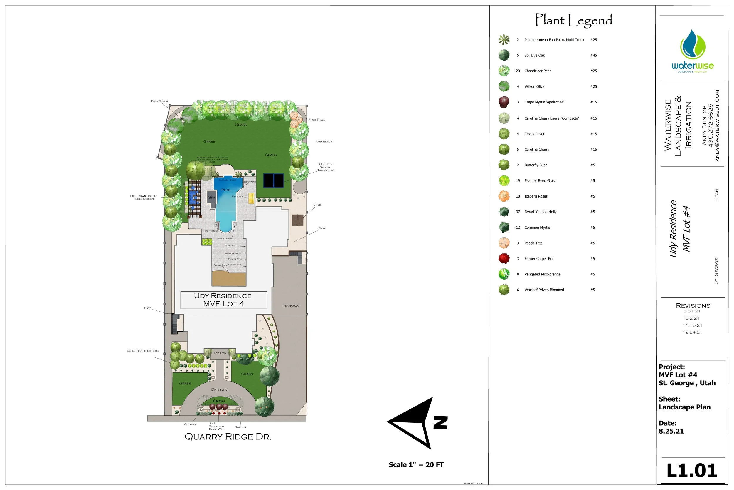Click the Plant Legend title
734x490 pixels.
coord(573,20)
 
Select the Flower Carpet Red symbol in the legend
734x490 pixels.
coord(504,258)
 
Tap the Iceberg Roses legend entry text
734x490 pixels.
coord(536,196)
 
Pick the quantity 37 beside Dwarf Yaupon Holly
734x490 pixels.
coord(518,212)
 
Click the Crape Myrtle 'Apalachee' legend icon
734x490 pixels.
coord(504,102)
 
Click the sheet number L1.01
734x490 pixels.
coord(692,471)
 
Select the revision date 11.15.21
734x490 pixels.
coord(692,325)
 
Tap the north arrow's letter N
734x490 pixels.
coord(441,422)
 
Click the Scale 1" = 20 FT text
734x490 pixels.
coord(416,465)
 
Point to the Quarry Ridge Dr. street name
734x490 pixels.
coord(228,437)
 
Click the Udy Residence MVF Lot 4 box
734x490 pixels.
coord(223,300)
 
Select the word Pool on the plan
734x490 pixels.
coord(226,190)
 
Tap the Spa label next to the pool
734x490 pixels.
coord(212,197)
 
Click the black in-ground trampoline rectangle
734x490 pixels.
coord(274,180)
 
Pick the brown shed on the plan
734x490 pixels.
coord(298,220)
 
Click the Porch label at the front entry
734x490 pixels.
coord(220,353)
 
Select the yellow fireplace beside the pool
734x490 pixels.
coord(251,198)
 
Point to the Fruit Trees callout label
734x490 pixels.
coord(317,120)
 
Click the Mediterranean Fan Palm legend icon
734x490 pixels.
coord(504,40)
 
